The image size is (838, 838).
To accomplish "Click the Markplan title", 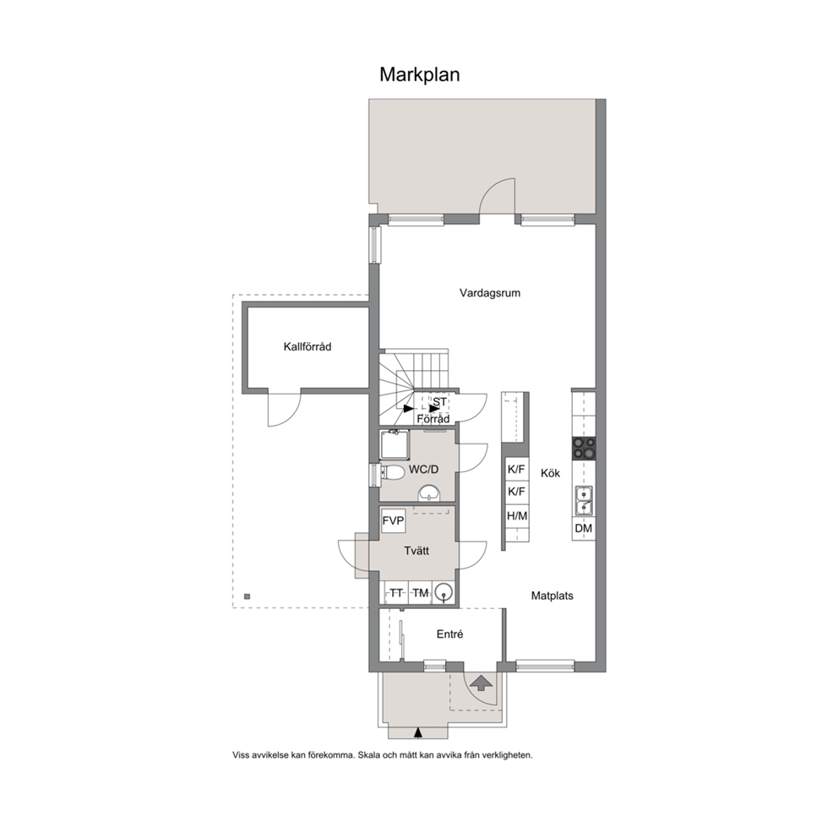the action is click(x=420, y=75).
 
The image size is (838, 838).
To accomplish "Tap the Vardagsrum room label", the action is click(x=490, y=293).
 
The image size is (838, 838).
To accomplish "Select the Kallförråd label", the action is click(x=307, y=347).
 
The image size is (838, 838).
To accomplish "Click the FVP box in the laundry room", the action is click(x=394, y=521).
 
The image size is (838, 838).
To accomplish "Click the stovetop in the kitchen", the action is click(x=584, y=449).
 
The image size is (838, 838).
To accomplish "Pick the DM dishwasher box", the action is click(x=584, y=529).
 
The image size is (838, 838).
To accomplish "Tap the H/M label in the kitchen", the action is click(x=517, y=516).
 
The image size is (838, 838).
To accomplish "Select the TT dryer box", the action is click(x=396, y=593).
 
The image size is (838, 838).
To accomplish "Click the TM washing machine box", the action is click(x=420, y=593).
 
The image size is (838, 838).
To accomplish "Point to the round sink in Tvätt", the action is click(x=443, y=593).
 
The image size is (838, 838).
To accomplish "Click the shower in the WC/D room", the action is click(x=395, y=444).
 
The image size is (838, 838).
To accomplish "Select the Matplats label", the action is click(x=552, y=596).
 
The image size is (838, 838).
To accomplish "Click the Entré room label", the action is click(x=450, y=634).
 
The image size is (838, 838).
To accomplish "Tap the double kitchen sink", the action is click(x=584, y=501).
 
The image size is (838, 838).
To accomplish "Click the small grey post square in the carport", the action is click(x=247, y=596).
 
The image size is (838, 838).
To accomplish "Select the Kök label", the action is click(x=551, y=473).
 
